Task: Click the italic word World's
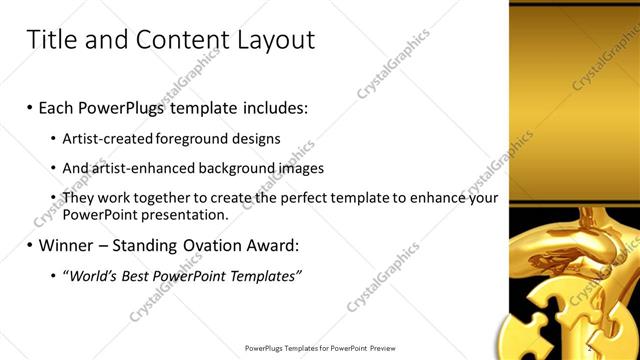(x=89, y=275)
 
